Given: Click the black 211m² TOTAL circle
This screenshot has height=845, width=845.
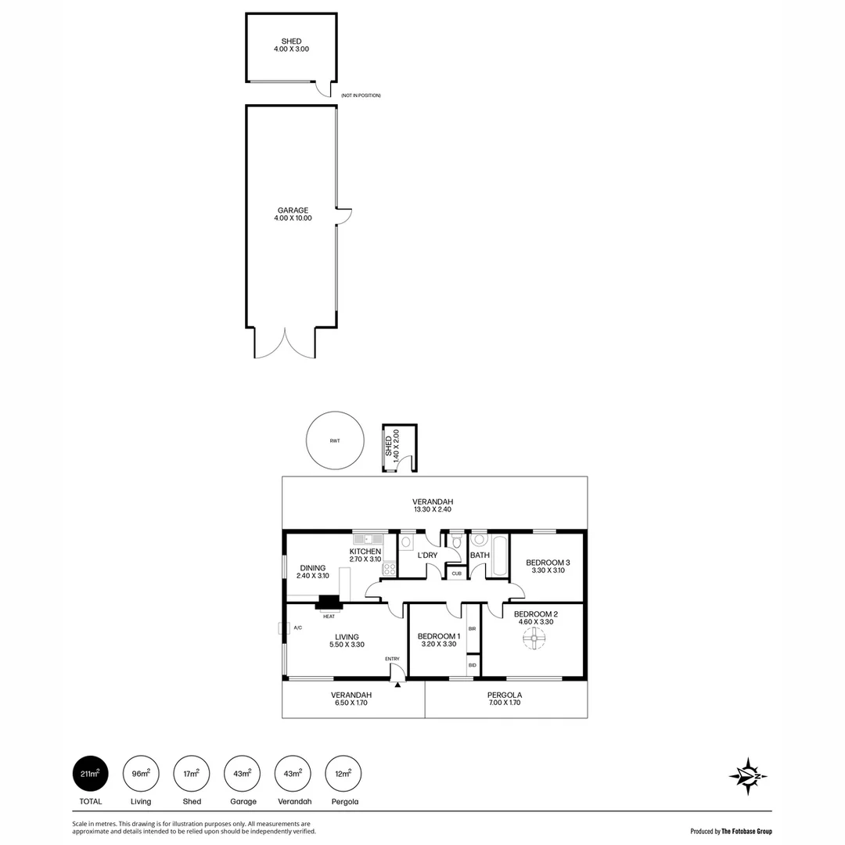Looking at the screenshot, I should click(91, 774).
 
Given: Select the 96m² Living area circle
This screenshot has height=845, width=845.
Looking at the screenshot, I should click(141, 774).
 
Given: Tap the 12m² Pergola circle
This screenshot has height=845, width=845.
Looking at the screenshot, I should click(343, 774).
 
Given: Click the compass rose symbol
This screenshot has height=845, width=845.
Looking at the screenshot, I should click(747, 776).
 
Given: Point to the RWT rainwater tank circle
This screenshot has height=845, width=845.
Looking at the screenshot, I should click(335, 441).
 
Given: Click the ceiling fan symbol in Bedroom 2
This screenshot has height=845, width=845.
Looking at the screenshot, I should click(534, 639).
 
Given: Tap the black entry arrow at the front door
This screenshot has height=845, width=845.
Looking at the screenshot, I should click(397, 685).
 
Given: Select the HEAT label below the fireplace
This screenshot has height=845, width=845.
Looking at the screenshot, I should click(329, 616).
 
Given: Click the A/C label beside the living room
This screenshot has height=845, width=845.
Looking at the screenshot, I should click(297, 627).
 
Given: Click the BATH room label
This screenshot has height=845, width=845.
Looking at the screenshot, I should click(480, 556).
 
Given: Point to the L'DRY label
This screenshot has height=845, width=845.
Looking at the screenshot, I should click(427, 556).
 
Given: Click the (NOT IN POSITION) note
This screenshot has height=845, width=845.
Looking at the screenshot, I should click(361, 95).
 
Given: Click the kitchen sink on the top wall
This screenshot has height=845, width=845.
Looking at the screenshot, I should click(367, 538).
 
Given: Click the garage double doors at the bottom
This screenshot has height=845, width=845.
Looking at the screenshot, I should click(285, 344).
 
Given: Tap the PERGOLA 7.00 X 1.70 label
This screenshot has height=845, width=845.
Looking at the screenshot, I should click(505, 699).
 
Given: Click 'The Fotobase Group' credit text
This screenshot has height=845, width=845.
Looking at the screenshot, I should click(746, 831).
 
